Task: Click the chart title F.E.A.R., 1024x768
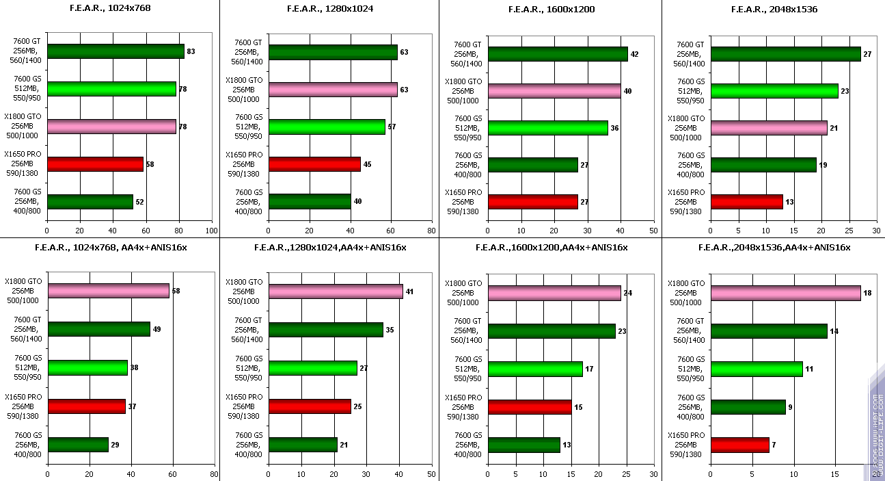[109, 9]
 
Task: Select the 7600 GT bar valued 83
[115, 51]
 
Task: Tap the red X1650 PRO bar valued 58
[95, 164]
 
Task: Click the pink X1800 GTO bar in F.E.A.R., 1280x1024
[333, 89]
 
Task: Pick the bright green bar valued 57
[327, 127]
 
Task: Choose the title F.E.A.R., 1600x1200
[551, 9]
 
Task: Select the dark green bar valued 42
[558, 54]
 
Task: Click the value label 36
[614, 128]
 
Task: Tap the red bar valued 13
[746, 202]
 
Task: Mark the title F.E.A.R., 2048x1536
[774, 9]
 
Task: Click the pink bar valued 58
[108, 291]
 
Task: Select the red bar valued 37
[86, 406]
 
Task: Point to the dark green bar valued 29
[78, 445]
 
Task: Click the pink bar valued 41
[336, 291]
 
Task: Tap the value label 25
[357, 406]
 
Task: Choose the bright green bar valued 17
[535, 369]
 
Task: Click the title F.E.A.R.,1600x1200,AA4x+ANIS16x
[551, 247]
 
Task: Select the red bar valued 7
[739, 445]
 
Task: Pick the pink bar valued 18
[785, 293]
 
